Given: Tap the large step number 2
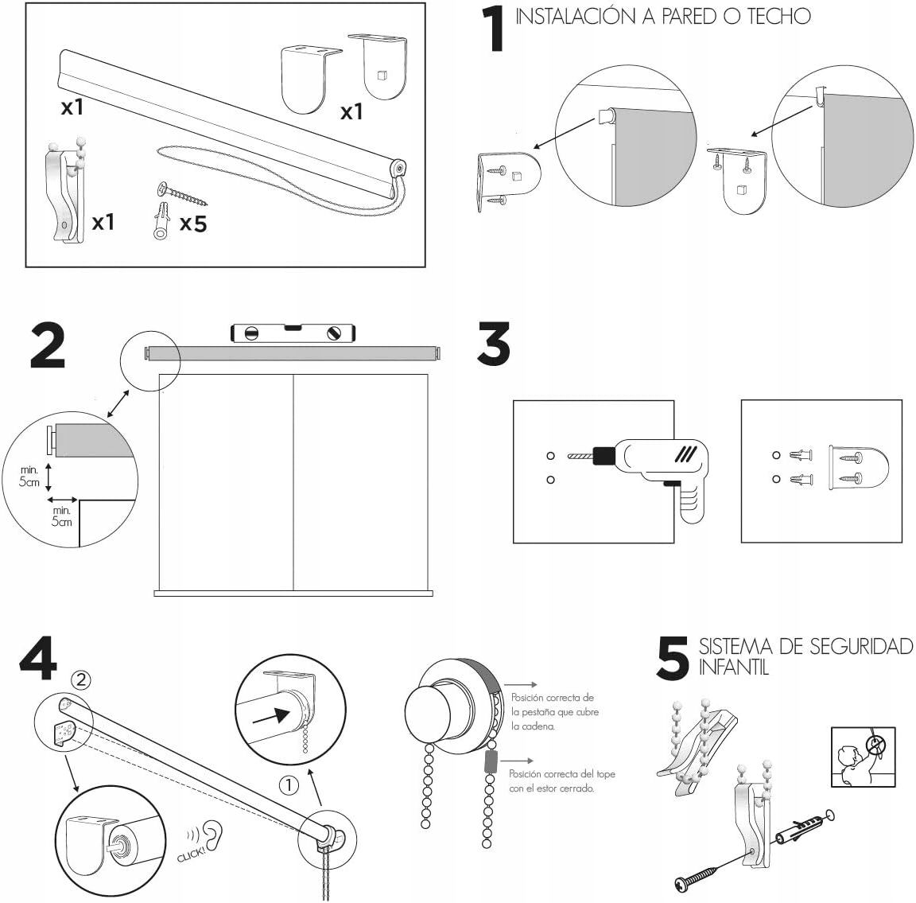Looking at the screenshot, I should (48, 345).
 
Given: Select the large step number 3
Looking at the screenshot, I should (494, 344).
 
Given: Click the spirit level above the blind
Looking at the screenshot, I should (292, 332).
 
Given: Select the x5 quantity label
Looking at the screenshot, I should (192, 224).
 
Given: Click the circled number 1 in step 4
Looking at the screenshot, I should (289, 785).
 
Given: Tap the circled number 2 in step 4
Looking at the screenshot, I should (82, 679).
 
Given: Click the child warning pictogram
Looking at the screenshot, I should (863, 757).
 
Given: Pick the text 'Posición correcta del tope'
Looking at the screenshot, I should (562, 773).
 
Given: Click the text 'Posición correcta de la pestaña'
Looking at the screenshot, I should (553, 698).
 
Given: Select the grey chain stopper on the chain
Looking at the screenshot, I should (490, 761).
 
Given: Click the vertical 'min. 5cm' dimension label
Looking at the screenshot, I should (30, 477).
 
